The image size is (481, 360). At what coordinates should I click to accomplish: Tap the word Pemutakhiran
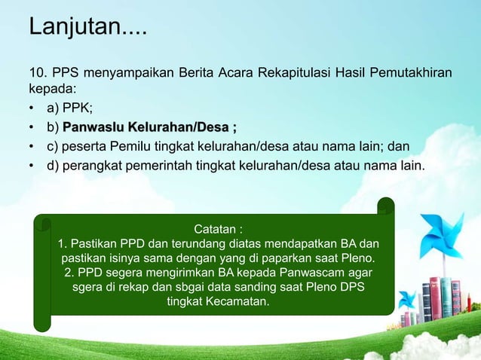412,73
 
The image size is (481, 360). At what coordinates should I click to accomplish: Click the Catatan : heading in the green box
219,228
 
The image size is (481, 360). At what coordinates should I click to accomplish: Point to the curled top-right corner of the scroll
385,206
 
